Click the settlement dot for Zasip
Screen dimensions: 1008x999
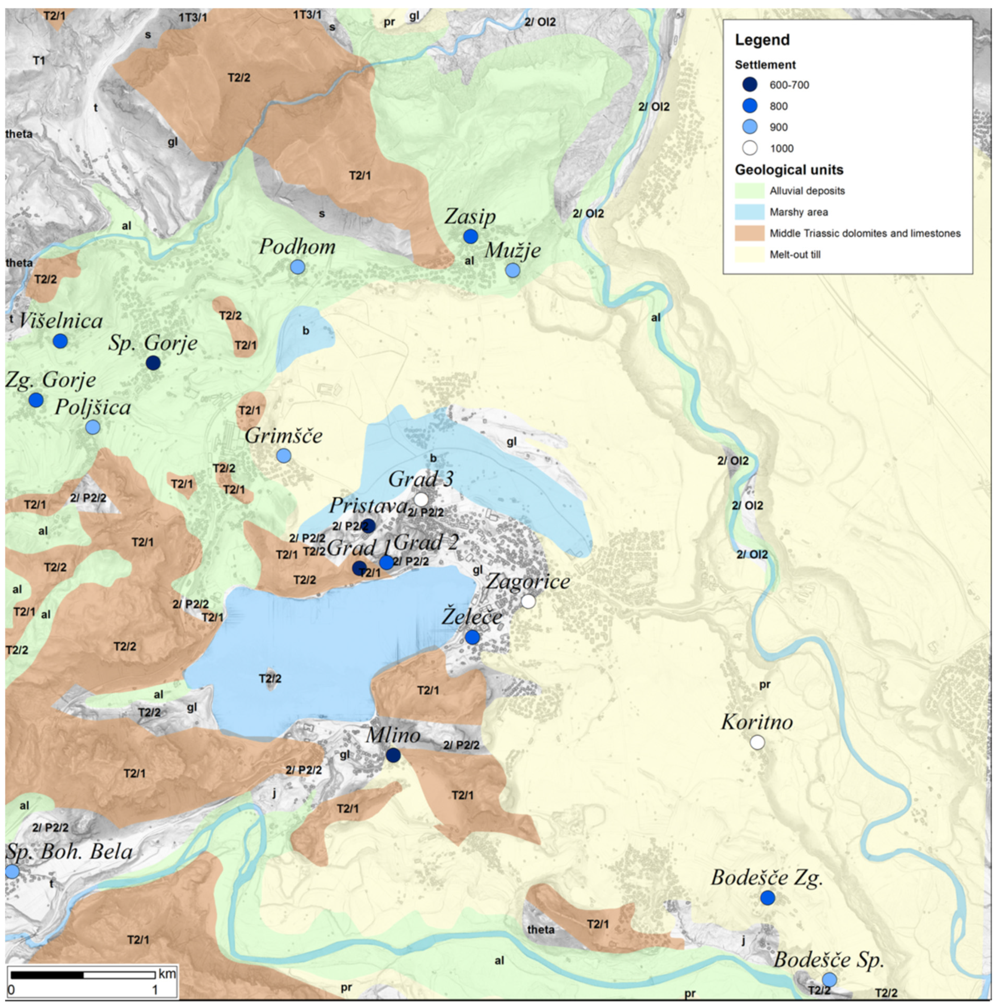(x=471, y=236)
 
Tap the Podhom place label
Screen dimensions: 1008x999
(x=297, y=247)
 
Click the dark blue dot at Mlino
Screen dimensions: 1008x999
(x=393, y=755)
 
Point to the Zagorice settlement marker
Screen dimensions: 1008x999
(x=528, y=601)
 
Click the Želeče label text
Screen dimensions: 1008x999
(x=472, y=617)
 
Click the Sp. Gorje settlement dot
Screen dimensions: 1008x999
(x=153, y=362)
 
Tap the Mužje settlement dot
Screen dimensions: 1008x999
(x=512, y=270)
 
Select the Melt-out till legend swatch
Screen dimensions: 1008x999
(x=749, y=255)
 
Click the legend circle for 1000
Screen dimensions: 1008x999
(x=750, y=148)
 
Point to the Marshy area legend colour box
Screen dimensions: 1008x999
(x=749, y=212)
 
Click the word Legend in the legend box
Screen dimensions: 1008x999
(x=762, y=40)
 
